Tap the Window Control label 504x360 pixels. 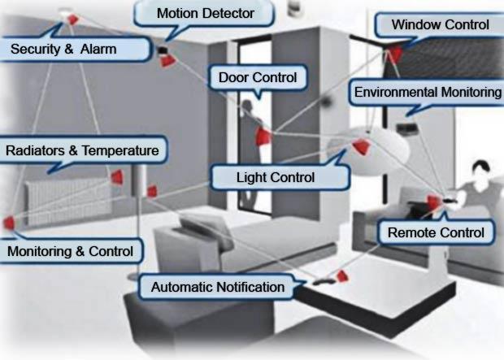tap(440, 25)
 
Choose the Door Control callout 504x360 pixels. tap(259, 78)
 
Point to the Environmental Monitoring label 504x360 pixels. tap(428, 93)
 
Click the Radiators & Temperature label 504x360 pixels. tap(82, 150)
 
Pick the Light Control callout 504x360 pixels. tap(275, 176)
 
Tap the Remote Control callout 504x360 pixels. tap(436, 233)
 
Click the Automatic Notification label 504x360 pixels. tap(218, 287)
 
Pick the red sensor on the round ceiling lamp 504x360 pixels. tap(360, 147)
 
